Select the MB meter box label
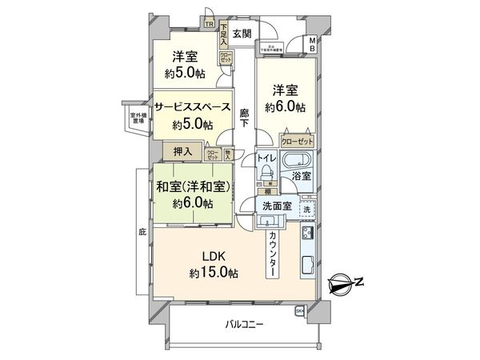[314, 44]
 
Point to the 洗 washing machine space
[307, 210]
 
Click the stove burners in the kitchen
[308, 235]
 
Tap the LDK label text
[211, 256]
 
